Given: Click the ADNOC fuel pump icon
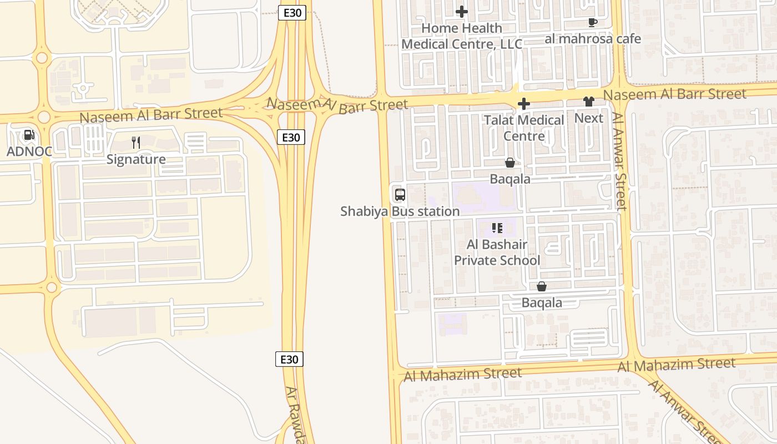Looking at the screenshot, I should pos(28,134).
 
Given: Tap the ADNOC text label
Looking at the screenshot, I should pos(29,151).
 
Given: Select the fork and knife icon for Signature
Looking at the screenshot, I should pos(136,143).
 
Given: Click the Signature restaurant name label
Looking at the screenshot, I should pos(136,159).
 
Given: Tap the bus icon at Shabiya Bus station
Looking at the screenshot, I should pos(400,195).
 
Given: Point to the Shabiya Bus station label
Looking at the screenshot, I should pos(400,211).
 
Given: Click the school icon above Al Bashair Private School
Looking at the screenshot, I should pos(497,228).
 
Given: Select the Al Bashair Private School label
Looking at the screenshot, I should pos(497,253).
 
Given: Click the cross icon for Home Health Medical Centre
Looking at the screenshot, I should pos(461,11).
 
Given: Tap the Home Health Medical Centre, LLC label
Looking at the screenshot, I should pos(461,36).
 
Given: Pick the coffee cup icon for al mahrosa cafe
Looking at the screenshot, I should pos(592,22).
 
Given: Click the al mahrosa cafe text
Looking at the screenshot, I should pos(592,39).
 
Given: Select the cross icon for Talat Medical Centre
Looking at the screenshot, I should pos(523,104).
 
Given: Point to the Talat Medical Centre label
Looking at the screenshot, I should pos(523,128).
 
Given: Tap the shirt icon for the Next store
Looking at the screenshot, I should pos(588,102).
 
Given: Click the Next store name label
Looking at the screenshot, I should pos(588,118).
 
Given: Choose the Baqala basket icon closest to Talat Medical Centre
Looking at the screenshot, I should pos(509,163).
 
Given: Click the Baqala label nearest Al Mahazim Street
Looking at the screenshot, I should pos(542,303).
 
